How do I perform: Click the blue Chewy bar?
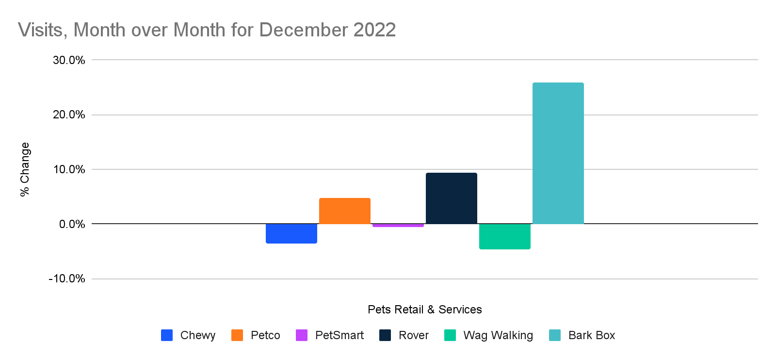pyautogui.click(x=291, y=233)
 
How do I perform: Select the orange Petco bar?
pyautogui.click(x=344, y=211)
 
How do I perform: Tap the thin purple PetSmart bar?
pyautogui.click(x=398, y=225)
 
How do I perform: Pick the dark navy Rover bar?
pyautogui.click(x=451, y=198)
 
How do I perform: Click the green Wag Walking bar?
pyautogui.click(x=504, y=236)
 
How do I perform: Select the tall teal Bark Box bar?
pyautogui.click(x=558, y=153)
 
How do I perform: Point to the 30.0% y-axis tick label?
pyautogui.click(x=69, y=60)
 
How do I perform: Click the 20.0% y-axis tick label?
pyautogui.click(x=69, y=115)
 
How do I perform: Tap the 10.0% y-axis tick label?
pyautogui.click(x=69, y=170)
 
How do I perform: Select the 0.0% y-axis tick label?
pyautogui.click(x=72, y=224)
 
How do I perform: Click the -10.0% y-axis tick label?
pyautogui.click(x=67, y=279)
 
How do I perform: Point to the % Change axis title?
pyautogui.click(x=25, y=169)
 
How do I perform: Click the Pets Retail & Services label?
pyautogui.click(x=424, y=310)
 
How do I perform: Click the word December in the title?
pyautogui.click(x=304, y=30)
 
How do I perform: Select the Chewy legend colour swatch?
pyautogui.click(x=167, y=335)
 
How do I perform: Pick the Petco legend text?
pyautogui.click(x=265, y=335)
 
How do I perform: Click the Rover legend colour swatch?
pyautogui.click(x=385, y=335)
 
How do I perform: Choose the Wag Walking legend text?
pyautogui.click(x=498, y=335)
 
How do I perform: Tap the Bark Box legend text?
pyautogui.click(x=591, y=335)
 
